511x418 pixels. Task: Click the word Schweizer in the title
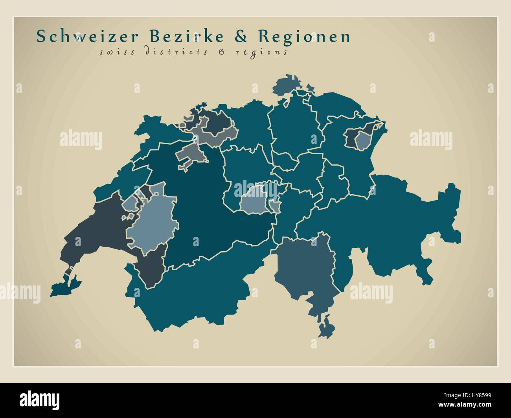point(87,37)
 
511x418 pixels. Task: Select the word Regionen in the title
point(304,37)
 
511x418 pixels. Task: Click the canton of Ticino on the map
point(305,271)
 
